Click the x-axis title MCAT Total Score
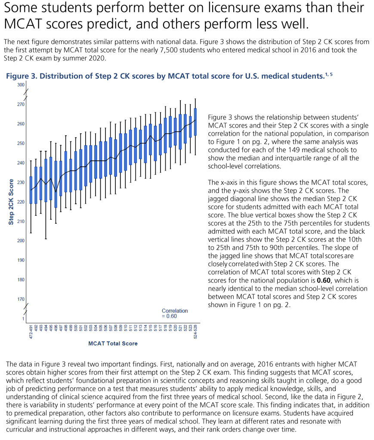coord(113,343)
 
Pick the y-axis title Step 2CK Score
coord(12,202)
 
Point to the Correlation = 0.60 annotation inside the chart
coord(175,313)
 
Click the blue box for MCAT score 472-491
coord(31,190)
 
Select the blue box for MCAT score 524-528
coord(196,122)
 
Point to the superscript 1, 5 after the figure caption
coord(329,74)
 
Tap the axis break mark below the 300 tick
coord(25,92)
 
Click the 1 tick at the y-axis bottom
coord(23,318)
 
